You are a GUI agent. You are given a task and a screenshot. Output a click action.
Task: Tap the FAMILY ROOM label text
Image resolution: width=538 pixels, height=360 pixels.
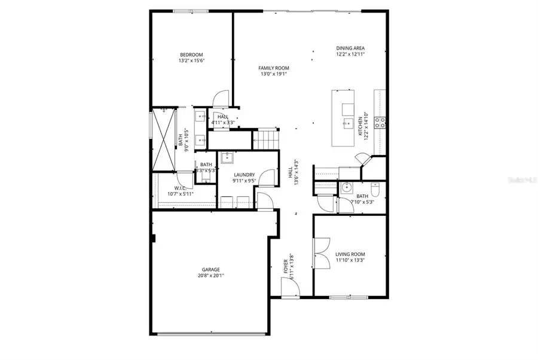274,68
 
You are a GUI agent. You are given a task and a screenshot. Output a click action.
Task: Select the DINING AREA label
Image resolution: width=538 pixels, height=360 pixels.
350,48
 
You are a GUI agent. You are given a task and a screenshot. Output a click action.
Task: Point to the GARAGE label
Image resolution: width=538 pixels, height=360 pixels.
210,270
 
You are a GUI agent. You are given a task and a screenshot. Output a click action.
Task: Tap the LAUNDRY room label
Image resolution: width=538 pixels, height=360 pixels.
244,175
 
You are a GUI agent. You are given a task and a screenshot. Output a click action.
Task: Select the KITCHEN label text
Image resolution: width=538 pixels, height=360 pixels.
360,127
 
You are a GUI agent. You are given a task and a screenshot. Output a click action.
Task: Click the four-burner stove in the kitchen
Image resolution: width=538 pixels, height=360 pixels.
380,123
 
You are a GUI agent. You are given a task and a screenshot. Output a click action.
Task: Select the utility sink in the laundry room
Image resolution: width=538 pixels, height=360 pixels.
227,158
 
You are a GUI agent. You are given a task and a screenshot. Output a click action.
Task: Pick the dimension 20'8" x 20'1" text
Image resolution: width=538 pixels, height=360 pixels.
210,276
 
